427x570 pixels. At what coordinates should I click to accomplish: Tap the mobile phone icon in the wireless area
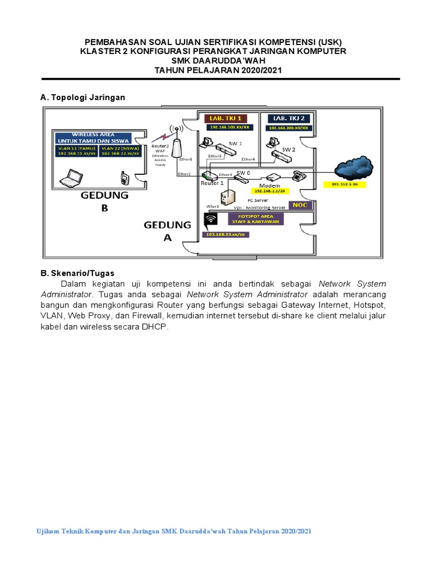point(125,178)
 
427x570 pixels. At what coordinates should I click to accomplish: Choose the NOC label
point(300,205)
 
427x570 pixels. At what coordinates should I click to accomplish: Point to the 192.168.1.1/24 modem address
point(270,190)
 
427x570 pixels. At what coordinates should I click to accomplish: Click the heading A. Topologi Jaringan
point(83,97)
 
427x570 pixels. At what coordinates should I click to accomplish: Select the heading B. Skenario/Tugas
point(77,273)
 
